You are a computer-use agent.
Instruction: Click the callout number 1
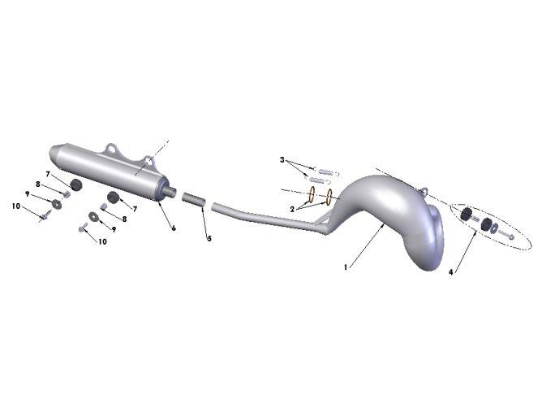(346, 267)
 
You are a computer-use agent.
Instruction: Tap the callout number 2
(292, 209)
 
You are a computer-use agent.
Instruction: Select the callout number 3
(282, 160)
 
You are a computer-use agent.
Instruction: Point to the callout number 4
(451, 272)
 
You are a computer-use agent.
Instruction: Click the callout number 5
(209, 239)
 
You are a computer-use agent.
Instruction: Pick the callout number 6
(174, 228)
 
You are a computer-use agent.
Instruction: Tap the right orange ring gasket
(329, 197)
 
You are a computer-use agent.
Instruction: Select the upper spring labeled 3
(326, 171)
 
